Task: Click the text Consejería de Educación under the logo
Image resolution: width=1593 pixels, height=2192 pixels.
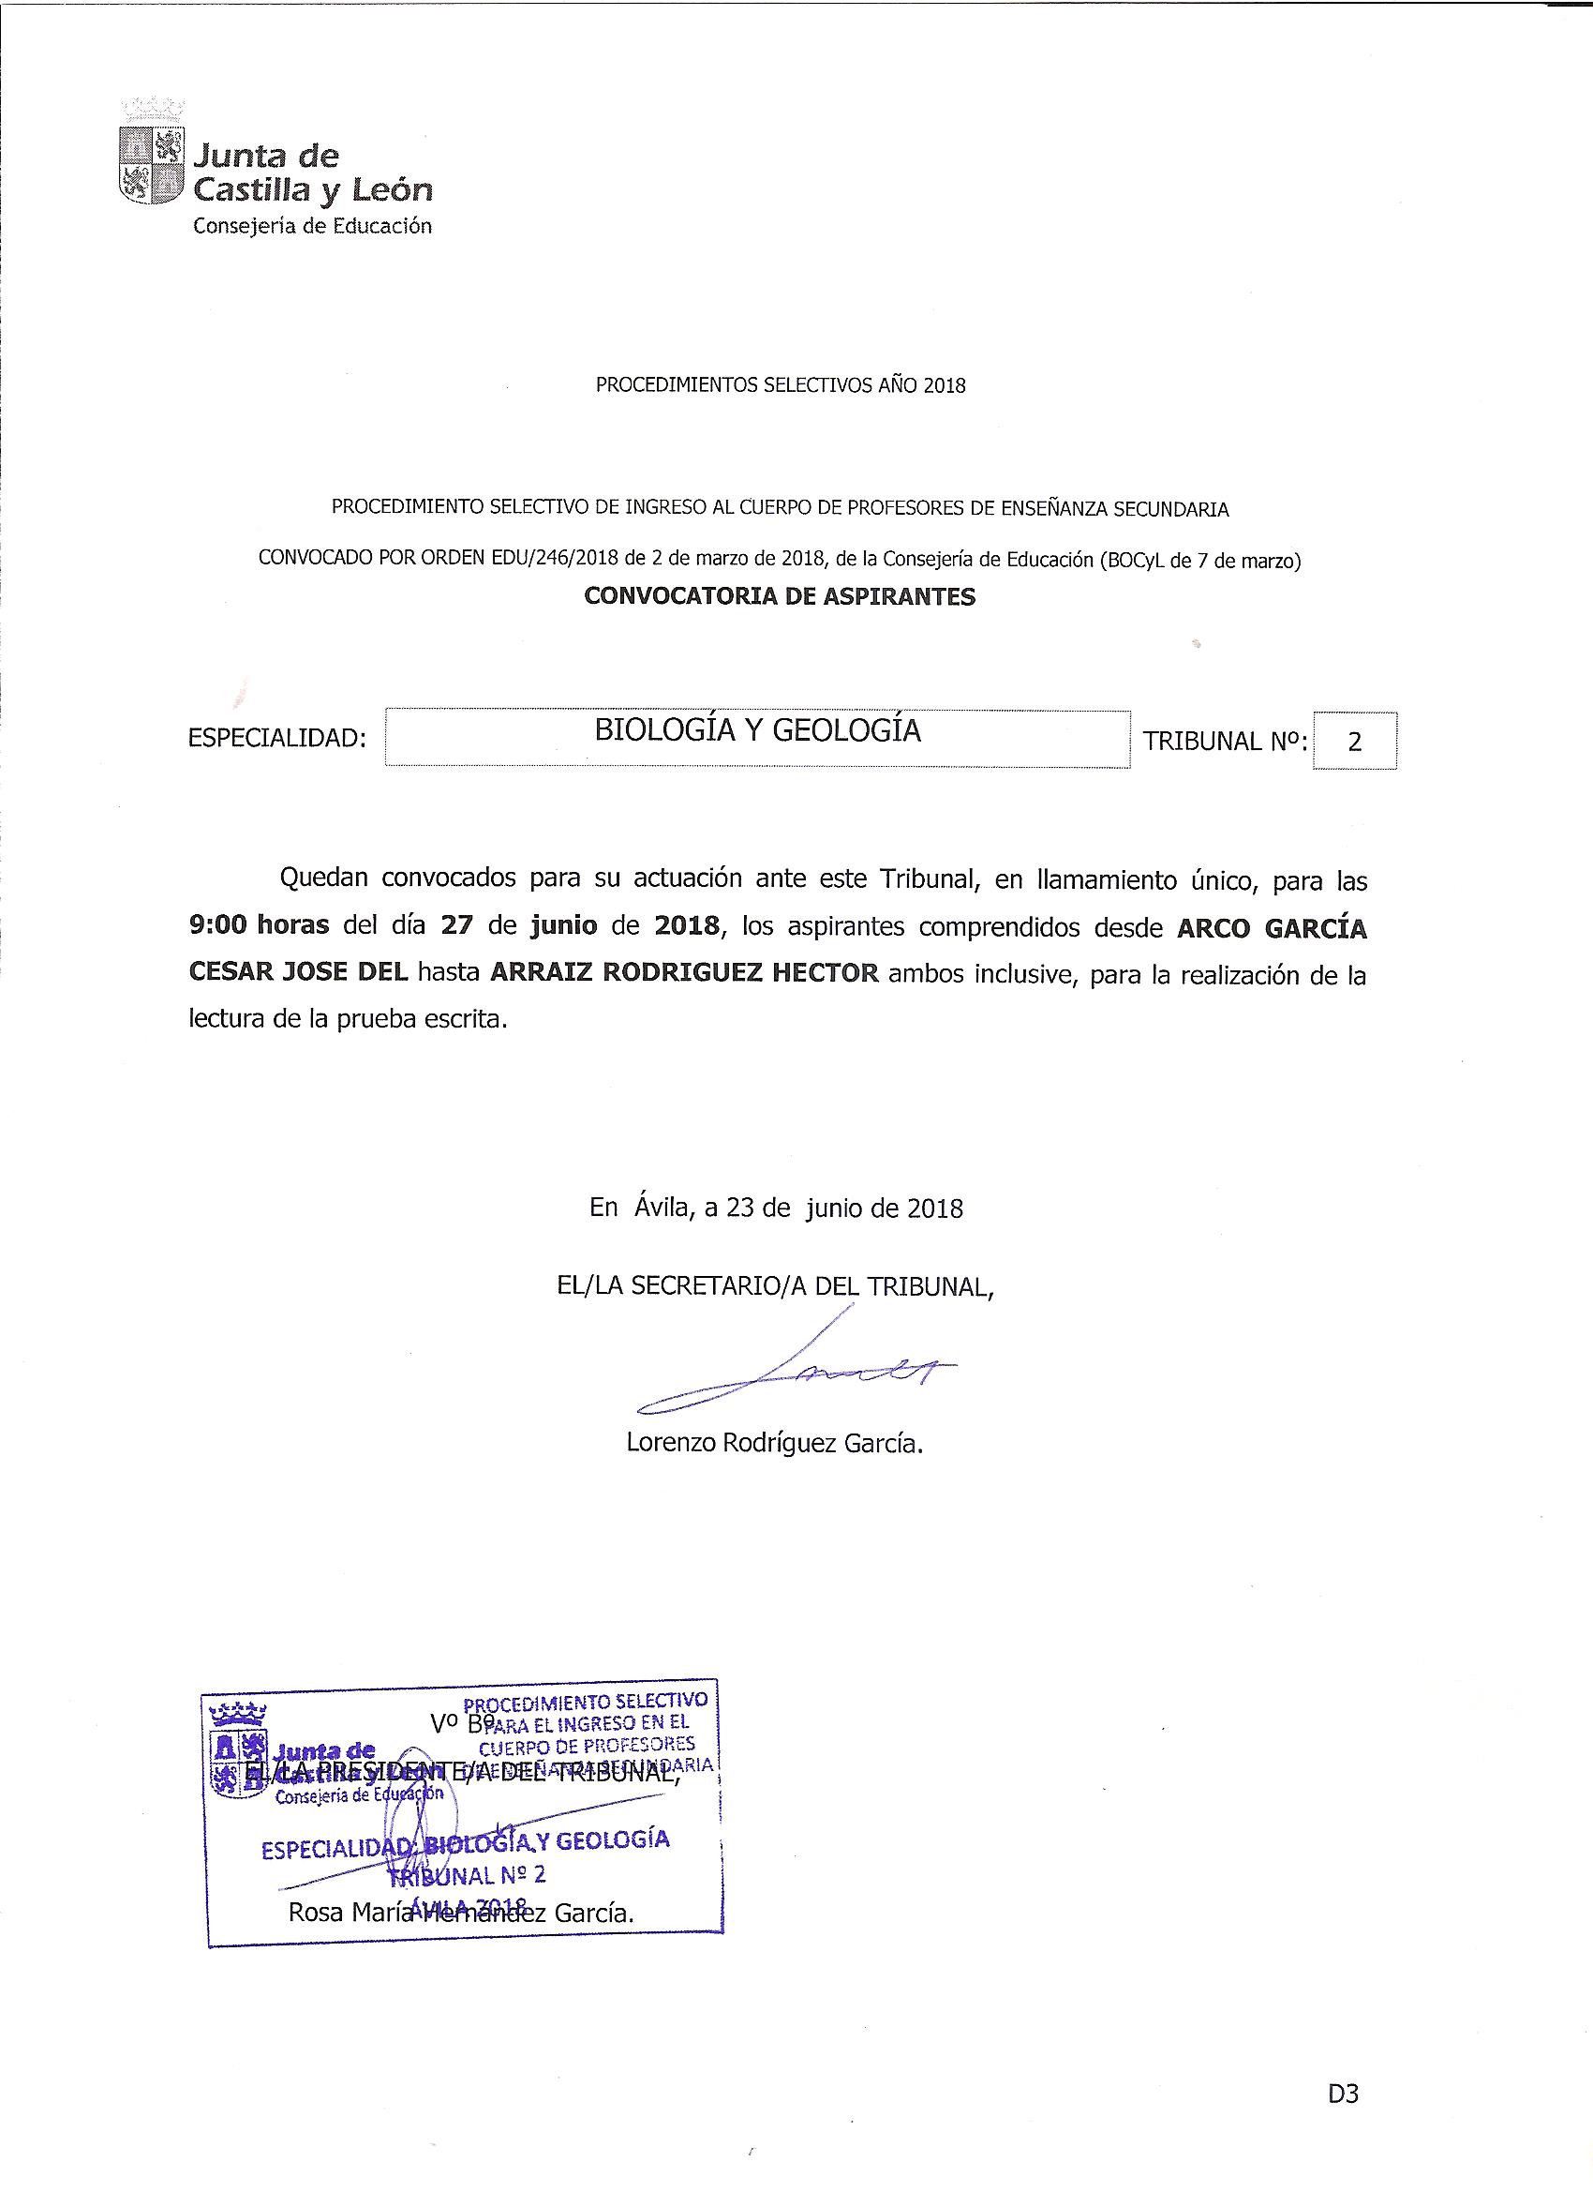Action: [312, 226]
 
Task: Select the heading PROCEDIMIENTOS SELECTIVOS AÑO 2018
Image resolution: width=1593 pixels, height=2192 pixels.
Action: [780, 385]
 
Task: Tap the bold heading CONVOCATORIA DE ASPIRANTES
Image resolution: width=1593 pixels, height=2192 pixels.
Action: [780, 596]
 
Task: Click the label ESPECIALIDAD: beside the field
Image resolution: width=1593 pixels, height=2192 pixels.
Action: [277, 740]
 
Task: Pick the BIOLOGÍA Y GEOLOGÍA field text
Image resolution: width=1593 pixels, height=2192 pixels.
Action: [757, 729]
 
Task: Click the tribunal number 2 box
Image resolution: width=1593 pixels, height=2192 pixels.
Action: [1353, 742]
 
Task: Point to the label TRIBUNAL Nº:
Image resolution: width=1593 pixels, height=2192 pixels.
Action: [1226, 742]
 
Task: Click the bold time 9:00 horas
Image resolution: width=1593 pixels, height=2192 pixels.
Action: [259, 925]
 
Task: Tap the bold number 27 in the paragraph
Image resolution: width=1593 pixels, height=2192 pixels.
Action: [462, 925]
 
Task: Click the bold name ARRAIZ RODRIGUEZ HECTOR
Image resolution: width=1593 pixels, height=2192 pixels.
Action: [684, 971]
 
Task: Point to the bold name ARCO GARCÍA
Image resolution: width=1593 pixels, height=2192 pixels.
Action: [1272, 928]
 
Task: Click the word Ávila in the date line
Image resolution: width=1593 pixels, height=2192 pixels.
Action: [663, 1209]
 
